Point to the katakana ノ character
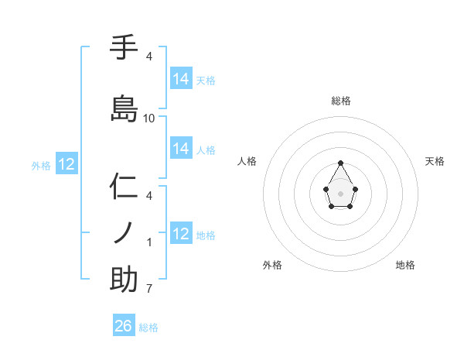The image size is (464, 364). tap(124, 232)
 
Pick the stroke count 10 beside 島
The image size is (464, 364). tap(149, 118)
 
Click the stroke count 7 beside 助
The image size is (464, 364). tap(149, 290)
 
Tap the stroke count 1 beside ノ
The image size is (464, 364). tap(149, 242)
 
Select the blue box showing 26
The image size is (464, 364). tap(124, 326)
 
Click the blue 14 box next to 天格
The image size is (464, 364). tap(181, 79)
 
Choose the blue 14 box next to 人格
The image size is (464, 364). tap(181, 149)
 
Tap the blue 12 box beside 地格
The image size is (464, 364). tap(181, 234)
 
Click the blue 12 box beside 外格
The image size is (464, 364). tap(67, 164)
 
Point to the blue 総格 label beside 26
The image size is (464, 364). tap(148, 328)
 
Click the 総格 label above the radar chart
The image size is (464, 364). tap(341, 101)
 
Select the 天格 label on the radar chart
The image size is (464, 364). tap(435, 161)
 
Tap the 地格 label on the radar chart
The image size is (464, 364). tap(405, 265)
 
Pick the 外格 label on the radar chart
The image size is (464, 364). tap(272, 265)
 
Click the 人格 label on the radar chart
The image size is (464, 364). tap(247, 161)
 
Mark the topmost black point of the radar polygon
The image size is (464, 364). tap(340, 163)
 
